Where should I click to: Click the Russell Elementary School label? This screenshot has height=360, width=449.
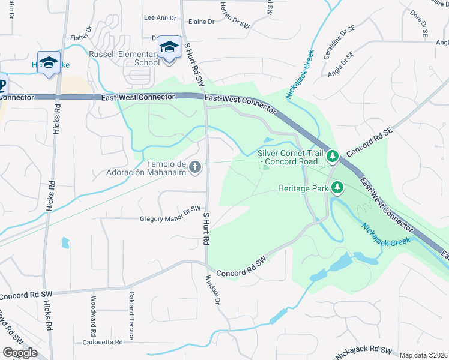point(124,58)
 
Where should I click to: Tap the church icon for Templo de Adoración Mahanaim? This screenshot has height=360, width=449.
point(195,167)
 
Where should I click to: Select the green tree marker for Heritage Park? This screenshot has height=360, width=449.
point(337,188)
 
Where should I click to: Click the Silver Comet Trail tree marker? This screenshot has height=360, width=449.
point(332,157)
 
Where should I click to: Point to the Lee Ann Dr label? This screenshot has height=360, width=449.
point(160,18)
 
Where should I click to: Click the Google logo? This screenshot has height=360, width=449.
point(20,352)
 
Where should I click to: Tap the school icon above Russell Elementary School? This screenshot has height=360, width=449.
point(170,47)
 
